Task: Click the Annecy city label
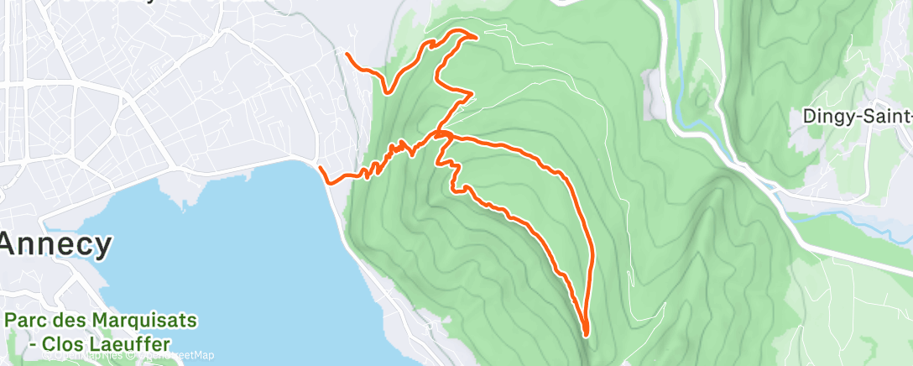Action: (56, 245)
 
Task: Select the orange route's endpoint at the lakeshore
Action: (321, 169)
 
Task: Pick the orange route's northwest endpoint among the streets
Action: (347, 54)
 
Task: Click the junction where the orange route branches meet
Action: (442, 133)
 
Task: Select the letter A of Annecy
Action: (12, 245)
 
